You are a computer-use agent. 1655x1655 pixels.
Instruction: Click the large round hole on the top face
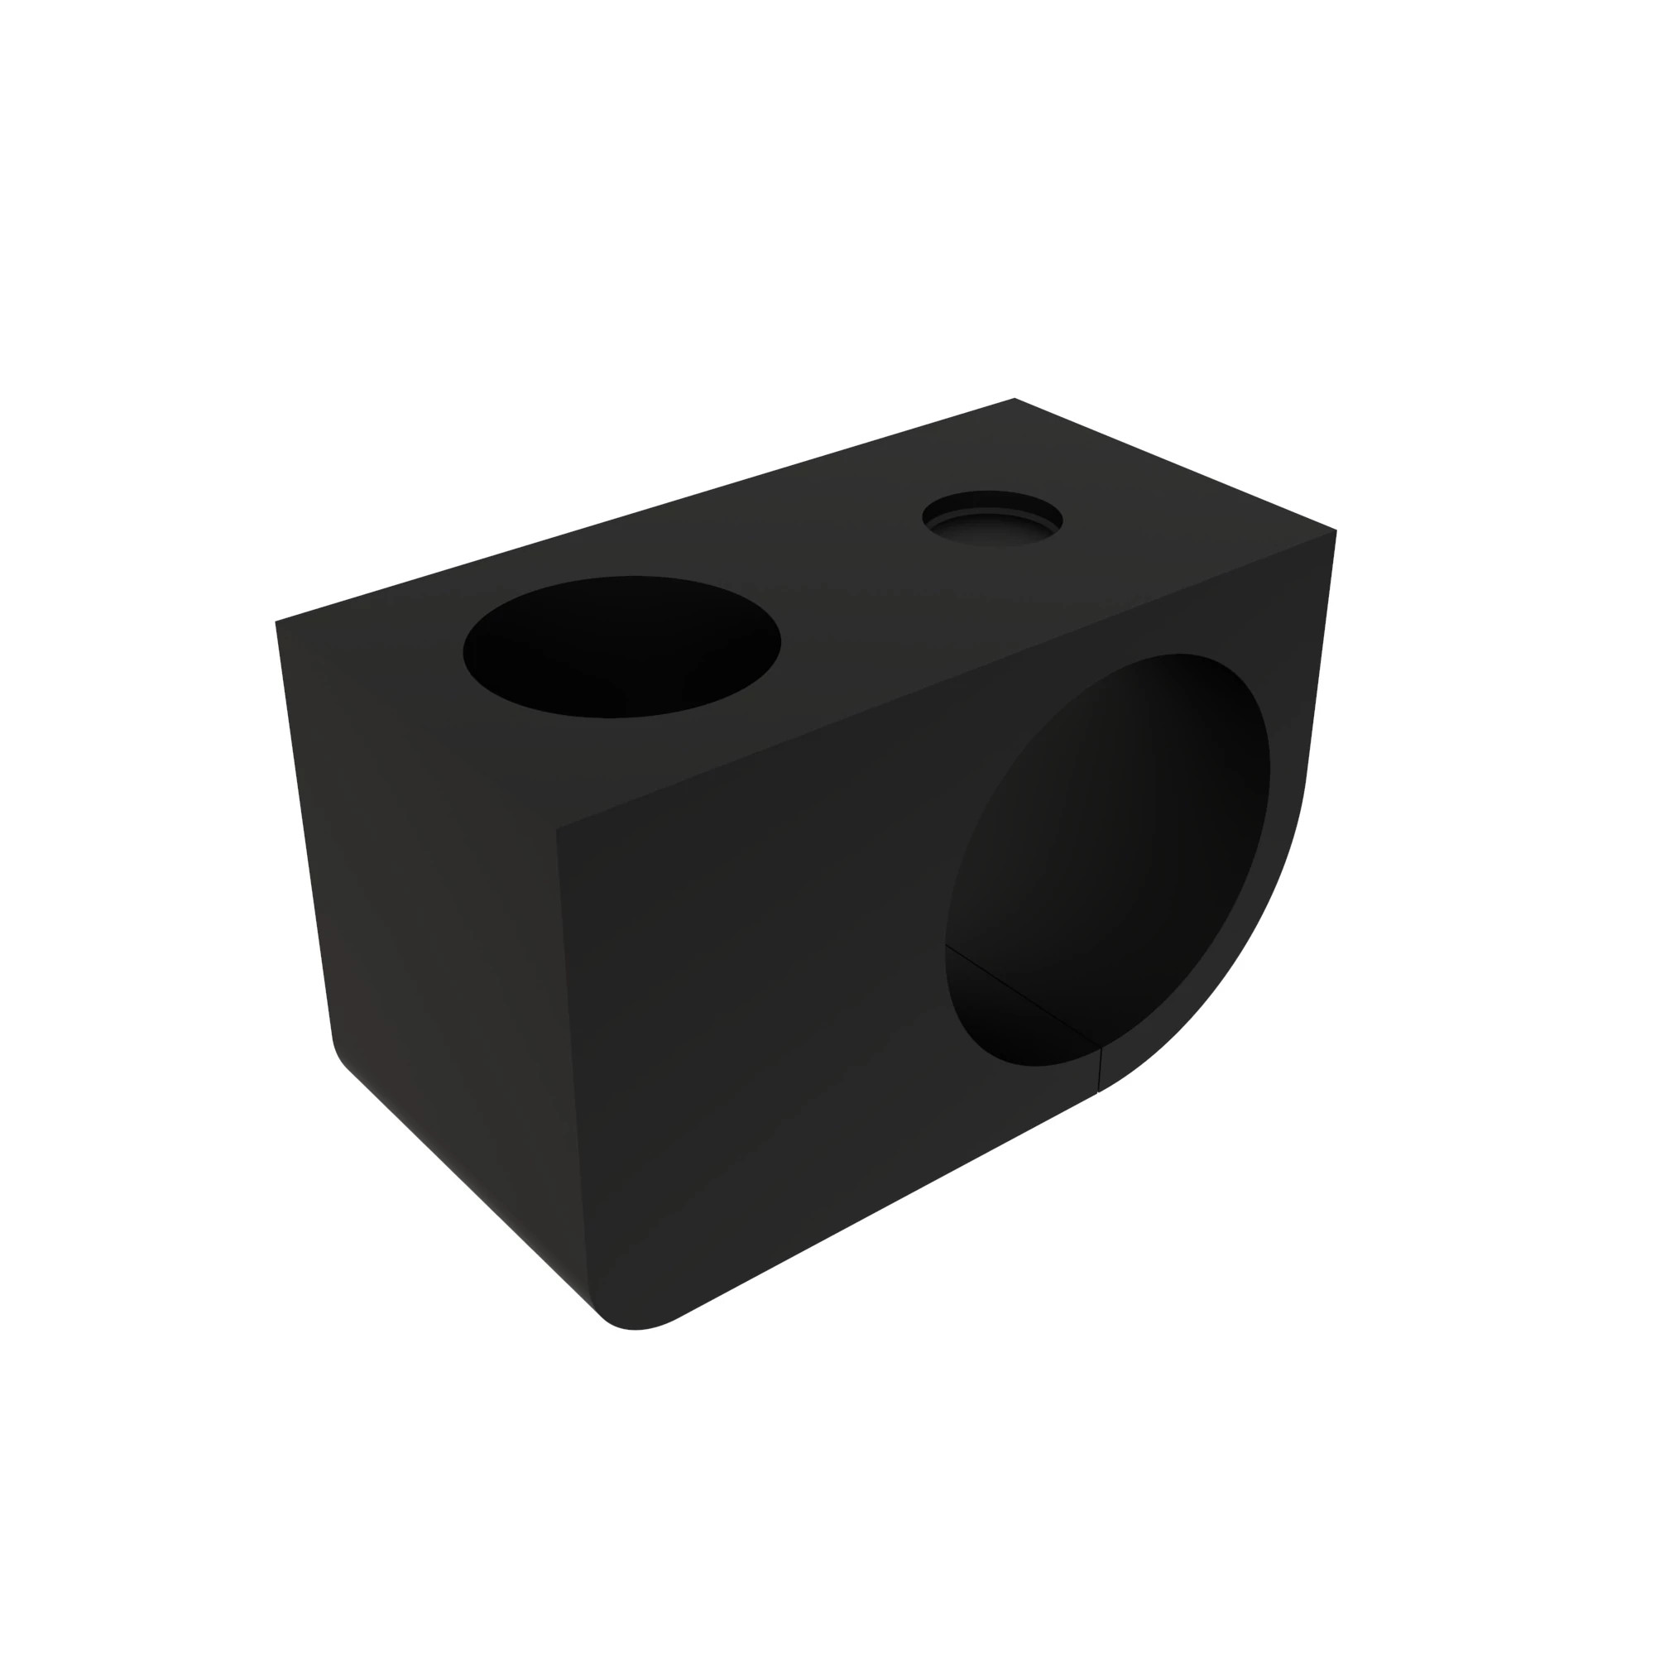[x=621, y=647]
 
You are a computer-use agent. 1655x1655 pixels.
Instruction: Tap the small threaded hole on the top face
[x=992, y=519]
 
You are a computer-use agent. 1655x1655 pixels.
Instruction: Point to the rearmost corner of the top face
[x=1015, y=399]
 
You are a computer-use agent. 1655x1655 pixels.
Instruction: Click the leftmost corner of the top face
[x=276, y=622]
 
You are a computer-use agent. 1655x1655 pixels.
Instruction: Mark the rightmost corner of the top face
[x=1336, y=530]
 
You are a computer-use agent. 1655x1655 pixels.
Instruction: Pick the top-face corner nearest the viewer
[x=557, y=828]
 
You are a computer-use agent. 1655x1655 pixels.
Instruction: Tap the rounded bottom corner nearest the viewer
[x=634, y=1325]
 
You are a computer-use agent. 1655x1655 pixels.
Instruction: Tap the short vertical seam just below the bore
[x=1099, y=1070]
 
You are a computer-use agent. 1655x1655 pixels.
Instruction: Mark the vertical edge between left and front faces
[x=574, y=1071]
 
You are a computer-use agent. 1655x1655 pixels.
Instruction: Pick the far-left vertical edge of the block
[x=303, y=831]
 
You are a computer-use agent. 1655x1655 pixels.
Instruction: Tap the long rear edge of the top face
[x=642, y=511]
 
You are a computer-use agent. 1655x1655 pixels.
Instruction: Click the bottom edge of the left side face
[x=471, y=1191]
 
